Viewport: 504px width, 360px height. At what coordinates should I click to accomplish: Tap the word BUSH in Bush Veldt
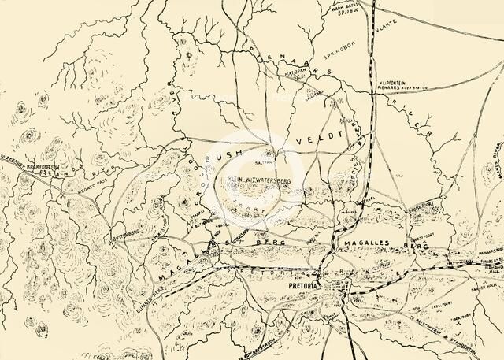click(219, 158)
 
